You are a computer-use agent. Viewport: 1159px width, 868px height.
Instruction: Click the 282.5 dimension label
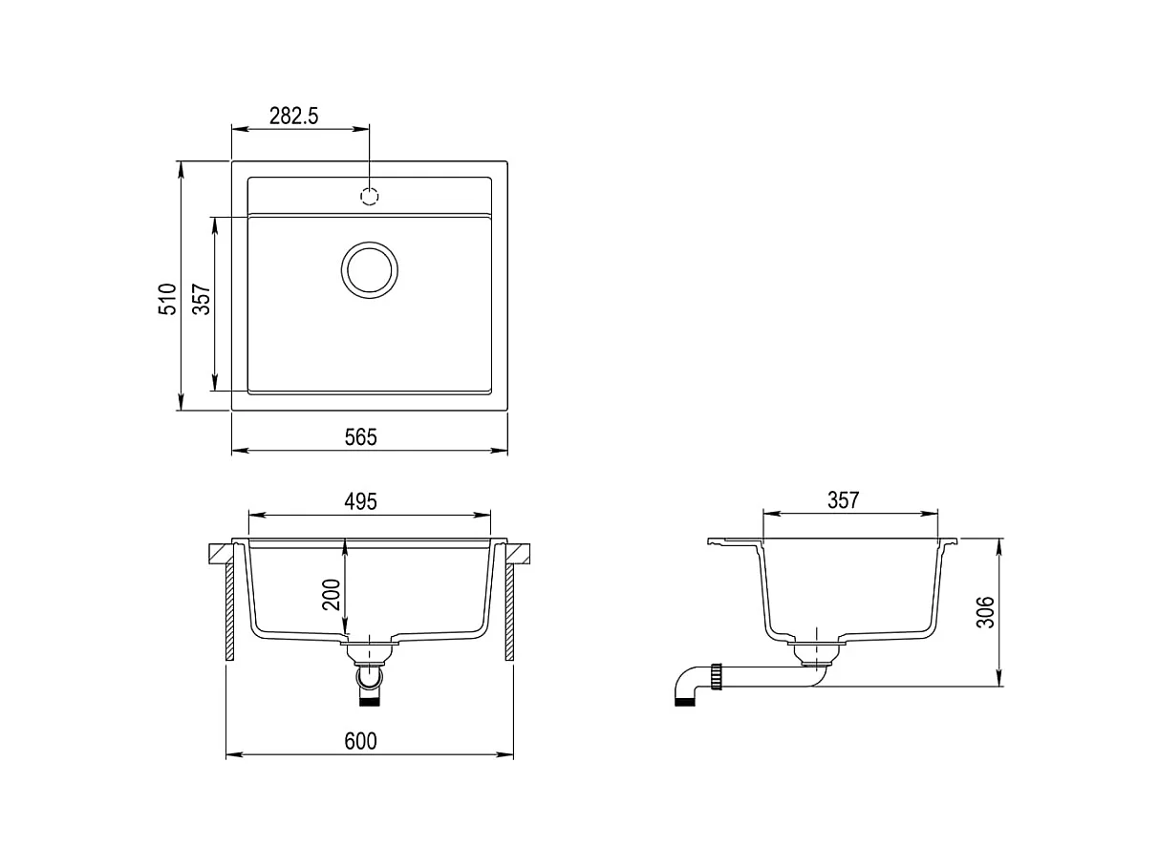click(x=293, y=116)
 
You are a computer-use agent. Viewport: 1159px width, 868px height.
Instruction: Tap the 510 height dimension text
click(x=168, y=299)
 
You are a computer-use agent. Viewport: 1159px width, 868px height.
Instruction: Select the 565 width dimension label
click(x=360, y=437)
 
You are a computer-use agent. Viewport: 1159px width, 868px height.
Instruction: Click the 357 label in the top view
click(x=202, y=299)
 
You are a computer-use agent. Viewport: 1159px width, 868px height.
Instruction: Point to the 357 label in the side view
click(x=844, y=499)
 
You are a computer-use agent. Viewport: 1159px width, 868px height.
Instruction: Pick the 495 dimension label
click(x=360, y=501)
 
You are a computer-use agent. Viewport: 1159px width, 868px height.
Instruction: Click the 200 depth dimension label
click(x=332, y=595)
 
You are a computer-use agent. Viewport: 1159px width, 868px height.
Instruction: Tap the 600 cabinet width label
click(x=360, y=741)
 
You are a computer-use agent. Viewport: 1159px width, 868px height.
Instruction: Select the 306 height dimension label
click(x=985, y=612)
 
